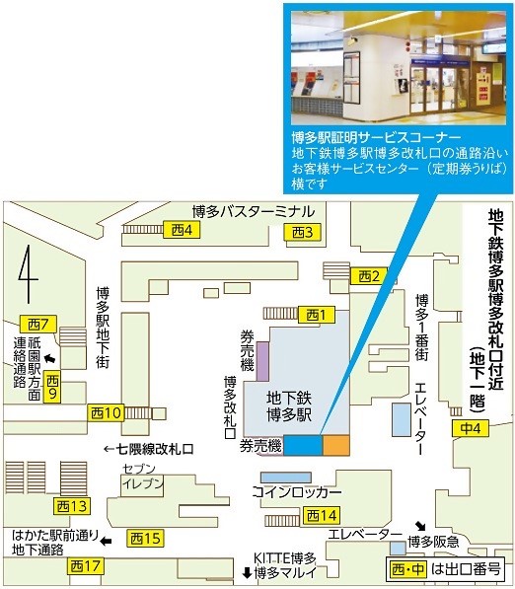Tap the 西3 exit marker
pyautogui.click(x=303, y=232)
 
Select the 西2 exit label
pyautogui.click(x=369, y=274)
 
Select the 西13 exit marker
pyautogui.click(x=73, y=506)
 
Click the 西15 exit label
pyautogui.click(x=145, y=539)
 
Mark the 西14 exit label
pyautogui.click(x=322, y=515)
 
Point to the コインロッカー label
pyautogui.click(x=297, y=491)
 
